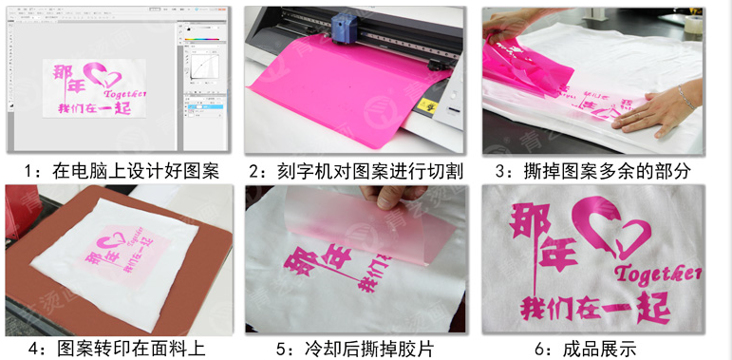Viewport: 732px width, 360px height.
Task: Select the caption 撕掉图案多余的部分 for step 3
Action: click(607, 171)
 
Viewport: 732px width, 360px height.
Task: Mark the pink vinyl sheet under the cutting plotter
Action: click(332, 95)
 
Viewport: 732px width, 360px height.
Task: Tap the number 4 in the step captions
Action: click(33, 349)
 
